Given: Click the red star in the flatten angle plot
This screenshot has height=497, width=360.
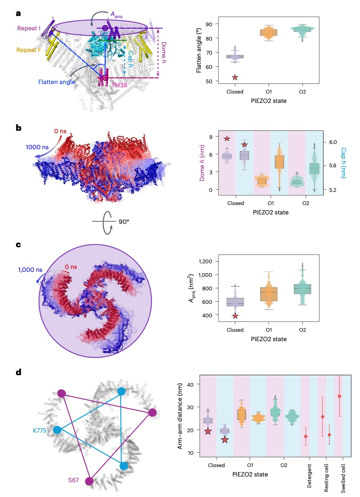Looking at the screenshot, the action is tap(235, 78).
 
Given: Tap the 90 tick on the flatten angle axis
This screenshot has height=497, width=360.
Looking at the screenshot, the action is tap(209, 24).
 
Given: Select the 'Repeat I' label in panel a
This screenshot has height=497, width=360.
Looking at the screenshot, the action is tap(29, 28).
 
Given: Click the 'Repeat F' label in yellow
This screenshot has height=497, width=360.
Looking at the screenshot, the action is tap(29, 50).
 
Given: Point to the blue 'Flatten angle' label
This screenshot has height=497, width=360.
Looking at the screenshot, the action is tap(57, 82).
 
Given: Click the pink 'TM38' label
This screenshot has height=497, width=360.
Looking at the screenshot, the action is tap(119, 85).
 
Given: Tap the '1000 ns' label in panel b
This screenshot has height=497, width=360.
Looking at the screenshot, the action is tap(37, 147).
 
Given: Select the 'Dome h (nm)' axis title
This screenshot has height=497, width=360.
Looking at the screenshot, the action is tap(202, 163).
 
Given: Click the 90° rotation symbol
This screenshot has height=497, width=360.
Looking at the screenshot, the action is tap(110, 222).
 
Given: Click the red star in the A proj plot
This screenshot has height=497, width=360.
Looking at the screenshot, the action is tap(235, 316).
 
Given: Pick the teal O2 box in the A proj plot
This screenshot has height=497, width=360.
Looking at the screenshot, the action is tap(302, 289).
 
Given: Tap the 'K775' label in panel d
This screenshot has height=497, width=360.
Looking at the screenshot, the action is tap(40, 431).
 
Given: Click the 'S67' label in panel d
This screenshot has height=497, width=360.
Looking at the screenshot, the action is tap(73, 480).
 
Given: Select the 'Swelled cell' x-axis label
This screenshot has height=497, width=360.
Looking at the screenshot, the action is tap(343, 478).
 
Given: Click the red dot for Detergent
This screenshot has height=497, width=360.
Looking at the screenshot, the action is tap(305, 436).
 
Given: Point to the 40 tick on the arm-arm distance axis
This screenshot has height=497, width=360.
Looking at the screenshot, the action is tap(190, 385).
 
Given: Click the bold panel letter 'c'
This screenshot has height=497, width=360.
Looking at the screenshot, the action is tap(18, 245).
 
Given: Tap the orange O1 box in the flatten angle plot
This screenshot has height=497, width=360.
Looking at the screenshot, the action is tap(269, 33).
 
